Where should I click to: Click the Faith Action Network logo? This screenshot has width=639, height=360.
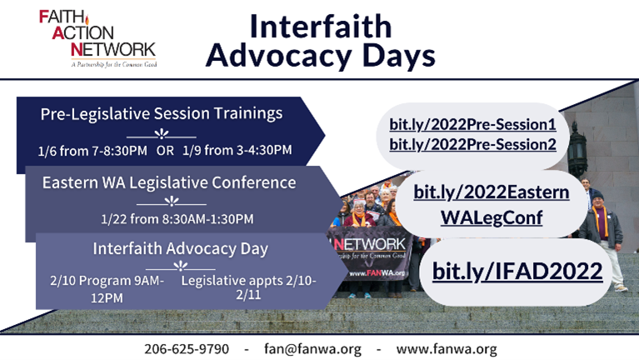click(x=97, y=38)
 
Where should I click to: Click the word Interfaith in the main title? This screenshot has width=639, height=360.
click(x=320, y=27)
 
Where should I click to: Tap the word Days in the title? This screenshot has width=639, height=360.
click(x=398, y=56)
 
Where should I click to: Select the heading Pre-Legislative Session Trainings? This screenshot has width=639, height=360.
click(x=162, y=113)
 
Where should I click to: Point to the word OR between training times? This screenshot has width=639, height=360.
click(x=165, y=151)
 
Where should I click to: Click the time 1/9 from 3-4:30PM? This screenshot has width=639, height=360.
click(x=237, y=150)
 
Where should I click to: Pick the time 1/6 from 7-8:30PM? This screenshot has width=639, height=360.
click(x=92, y=151)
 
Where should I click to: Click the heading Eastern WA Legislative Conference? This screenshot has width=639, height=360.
click(x=169, y=182)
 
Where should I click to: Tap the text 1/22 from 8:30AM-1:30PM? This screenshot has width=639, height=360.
click(x=177, y=219)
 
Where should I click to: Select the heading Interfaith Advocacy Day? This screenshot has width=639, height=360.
click(x=181, y=248)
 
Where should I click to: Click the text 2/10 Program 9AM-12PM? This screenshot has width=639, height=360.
click(x=107, y=289)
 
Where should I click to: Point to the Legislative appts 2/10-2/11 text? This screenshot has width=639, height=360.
click(x=248, y=287)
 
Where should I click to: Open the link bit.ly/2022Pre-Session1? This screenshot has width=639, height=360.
click(x=472, y=125)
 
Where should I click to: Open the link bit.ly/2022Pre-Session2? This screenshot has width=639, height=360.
click(x=472, y=145)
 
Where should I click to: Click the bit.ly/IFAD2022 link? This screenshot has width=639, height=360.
click(x=517, y=271)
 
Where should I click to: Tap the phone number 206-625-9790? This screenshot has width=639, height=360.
click(x=187, y=349)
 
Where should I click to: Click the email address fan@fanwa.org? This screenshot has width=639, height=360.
click(x=312, y=349)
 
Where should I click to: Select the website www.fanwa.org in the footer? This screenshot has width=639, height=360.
click(x=447, y=349)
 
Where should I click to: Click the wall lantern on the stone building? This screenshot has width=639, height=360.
click(x=577, y=151)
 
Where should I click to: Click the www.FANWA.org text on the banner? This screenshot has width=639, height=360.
click(x=377, y=273)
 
